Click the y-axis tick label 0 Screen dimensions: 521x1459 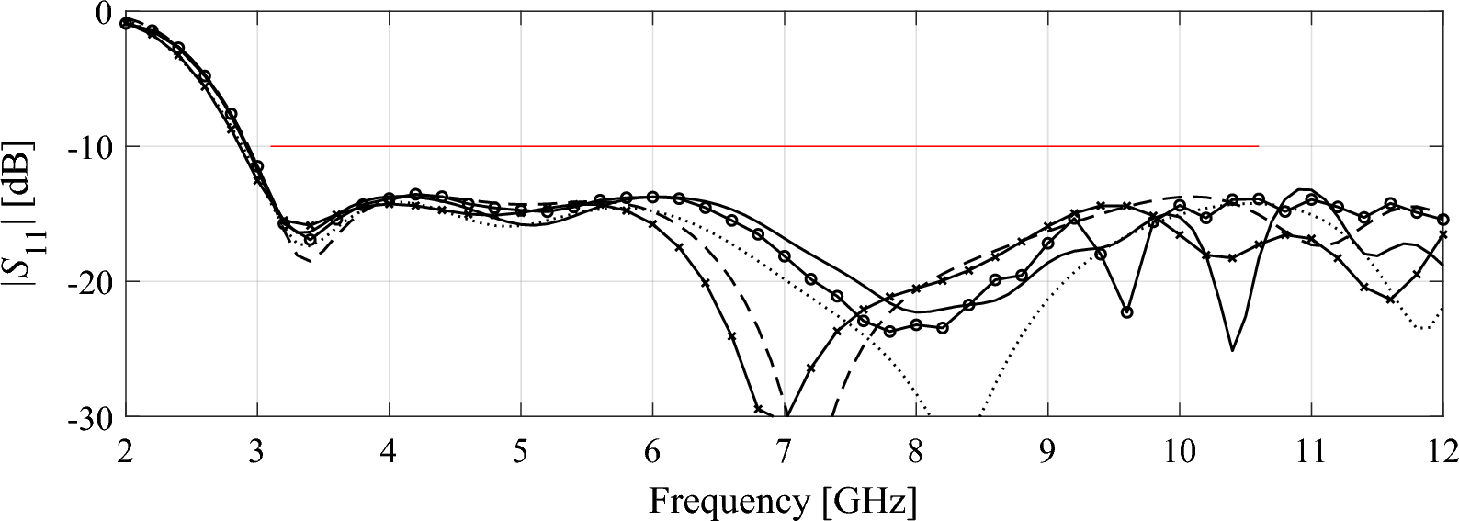click(102, 14)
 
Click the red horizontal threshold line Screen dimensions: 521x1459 click(763, 146)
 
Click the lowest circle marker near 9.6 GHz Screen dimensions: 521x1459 click(1126, 312)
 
